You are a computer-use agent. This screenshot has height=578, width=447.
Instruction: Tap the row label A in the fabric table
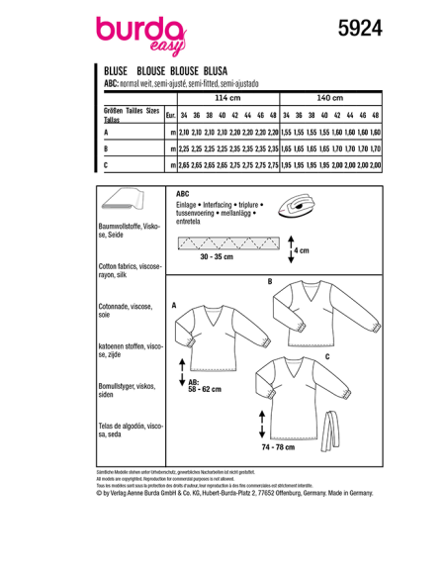click(x=106, y=132)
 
